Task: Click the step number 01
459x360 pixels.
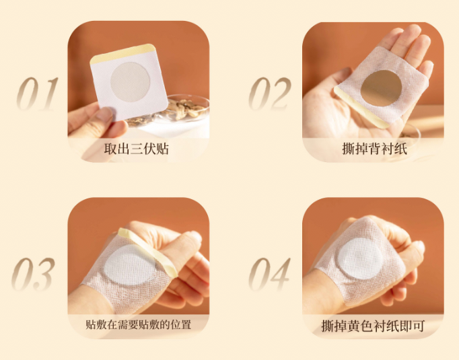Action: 38,94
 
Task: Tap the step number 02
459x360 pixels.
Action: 270,94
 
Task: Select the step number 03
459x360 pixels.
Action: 33,275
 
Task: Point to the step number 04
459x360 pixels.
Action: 269,275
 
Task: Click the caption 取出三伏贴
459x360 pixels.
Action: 137,149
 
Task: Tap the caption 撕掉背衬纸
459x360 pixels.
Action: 374,149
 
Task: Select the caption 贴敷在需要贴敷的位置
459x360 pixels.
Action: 139,325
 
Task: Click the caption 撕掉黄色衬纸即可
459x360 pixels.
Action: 373,326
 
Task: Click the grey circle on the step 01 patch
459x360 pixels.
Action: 131,82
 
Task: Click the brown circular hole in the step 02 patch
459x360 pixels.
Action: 381,88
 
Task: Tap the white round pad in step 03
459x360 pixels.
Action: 129,265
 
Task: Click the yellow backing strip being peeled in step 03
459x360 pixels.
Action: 148,252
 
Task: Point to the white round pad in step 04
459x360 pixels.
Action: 360,258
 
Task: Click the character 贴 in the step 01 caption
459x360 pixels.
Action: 163,149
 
